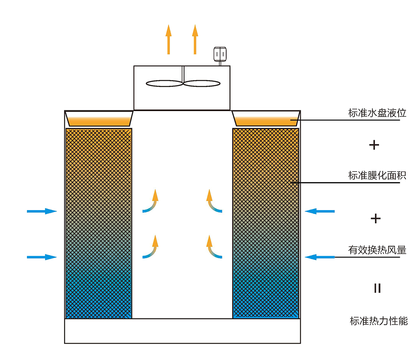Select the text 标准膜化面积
pyautogui.click(x=377, y=176)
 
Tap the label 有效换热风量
pyautogui.click(x=377, y=250)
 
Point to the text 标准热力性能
pyautogui.click(x=378, y=321)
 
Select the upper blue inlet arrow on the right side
pyautogui.click(x=319, y=211)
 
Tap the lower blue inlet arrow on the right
pyautogui.click(x=319, y=257)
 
